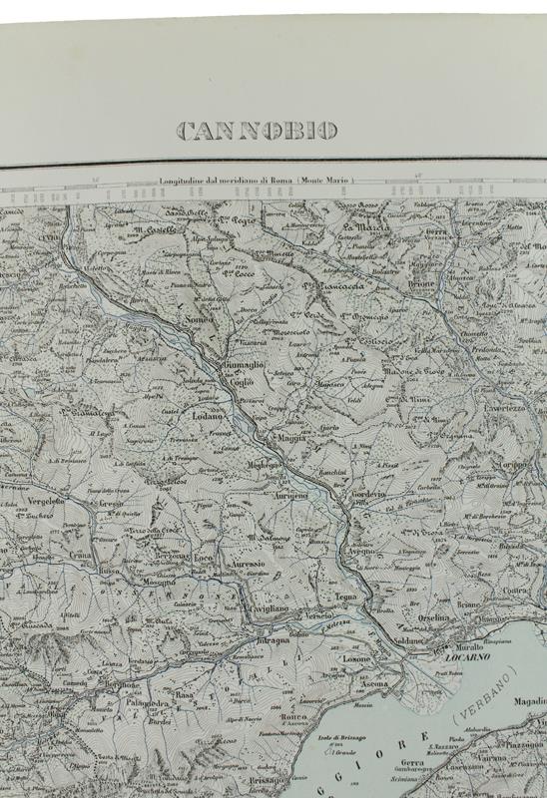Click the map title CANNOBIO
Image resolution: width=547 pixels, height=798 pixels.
[257, 131]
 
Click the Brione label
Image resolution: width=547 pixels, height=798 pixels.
[422, 283]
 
